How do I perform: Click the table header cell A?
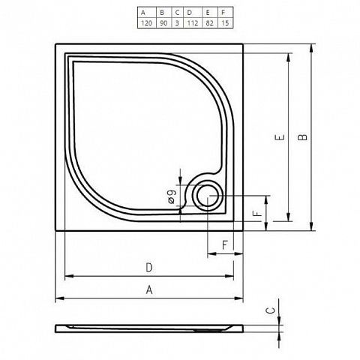click(147, 13)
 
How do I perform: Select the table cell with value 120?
click(147, 23)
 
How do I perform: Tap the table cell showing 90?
click(164, 23)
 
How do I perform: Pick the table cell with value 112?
click(193, 23)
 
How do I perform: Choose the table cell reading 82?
click(210, 23)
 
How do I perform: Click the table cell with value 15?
click(225, 23)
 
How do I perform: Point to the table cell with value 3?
click(178, 23)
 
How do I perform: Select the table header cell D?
click(193, 13)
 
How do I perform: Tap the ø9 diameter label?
click(172, 196)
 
